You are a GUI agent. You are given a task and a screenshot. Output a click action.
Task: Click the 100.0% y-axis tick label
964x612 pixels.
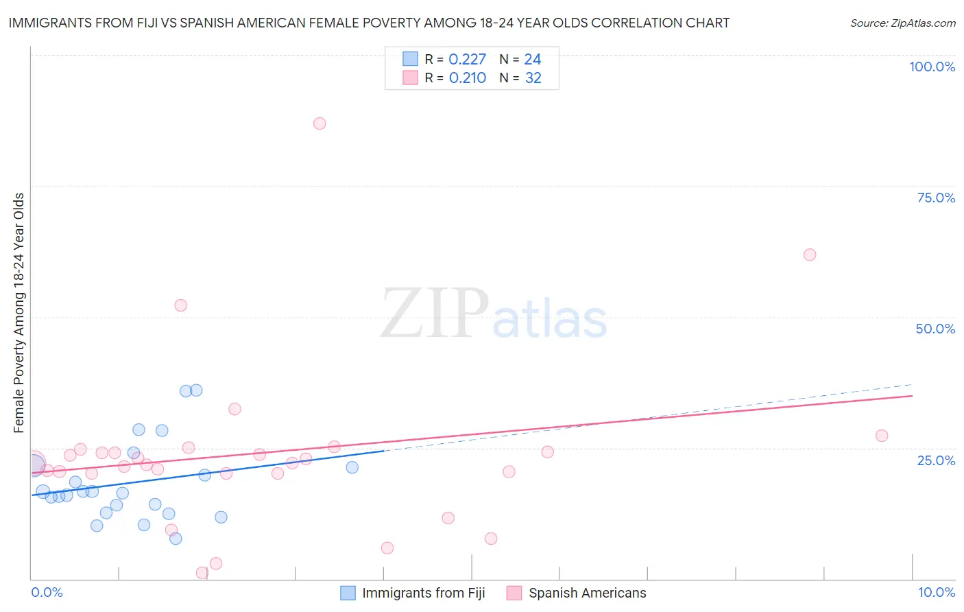(x=932, y=67)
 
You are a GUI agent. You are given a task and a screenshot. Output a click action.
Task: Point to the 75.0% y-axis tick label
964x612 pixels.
(x=936, y=198)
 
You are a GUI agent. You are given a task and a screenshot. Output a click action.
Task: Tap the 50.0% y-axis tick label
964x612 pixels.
(x=935, y=329)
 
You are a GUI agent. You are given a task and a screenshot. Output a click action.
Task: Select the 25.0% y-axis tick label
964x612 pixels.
(x=936, y=460)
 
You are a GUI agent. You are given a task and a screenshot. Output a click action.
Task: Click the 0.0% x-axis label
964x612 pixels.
(x=47, y=592)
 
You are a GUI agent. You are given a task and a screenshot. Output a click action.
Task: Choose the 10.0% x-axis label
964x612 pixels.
(x=936, y=592)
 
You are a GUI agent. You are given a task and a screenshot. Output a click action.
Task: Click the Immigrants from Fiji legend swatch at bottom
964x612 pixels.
(x=348, y=593)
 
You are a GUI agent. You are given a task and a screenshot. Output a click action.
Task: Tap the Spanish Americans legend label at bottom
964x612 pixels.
(x=587, y=593)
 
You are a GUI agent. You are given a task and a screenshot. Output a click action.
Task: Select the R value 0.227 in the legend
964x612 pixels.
(x=467, y=60)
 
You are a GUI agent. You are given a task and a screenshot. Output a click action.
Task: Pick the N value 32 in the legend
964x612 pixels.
(x=533, y=78)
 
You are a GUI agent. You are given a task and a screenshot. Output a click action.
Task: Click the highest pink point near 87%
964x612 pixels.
(x=320, y=123)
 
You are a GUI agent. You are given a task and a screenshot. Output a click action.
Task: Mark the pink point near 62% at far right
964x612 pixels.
(x=810, y=255)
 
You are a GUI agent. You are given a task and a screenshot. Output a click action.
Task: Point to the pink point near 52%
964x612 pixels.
(x=181, y=305)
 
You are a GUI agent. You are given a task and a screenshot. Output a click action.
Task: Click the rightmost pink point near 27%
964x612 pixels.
(x=882, y=436)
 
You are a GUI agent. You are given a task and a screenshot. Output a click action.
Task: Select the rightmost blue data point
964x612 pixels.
(x=352, y=467)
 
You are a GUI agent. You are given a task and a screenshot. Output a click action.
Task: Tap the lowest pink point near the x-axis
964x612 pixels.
(x=202, y=573)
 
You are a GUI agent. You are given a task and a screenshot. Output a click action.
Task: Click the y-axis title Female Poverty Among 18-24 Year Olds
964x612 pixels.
(x=19, y=313)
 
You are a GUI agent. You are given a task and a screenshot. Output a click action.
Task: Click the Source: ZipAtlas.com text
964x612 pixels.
(x=902, y=23)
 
